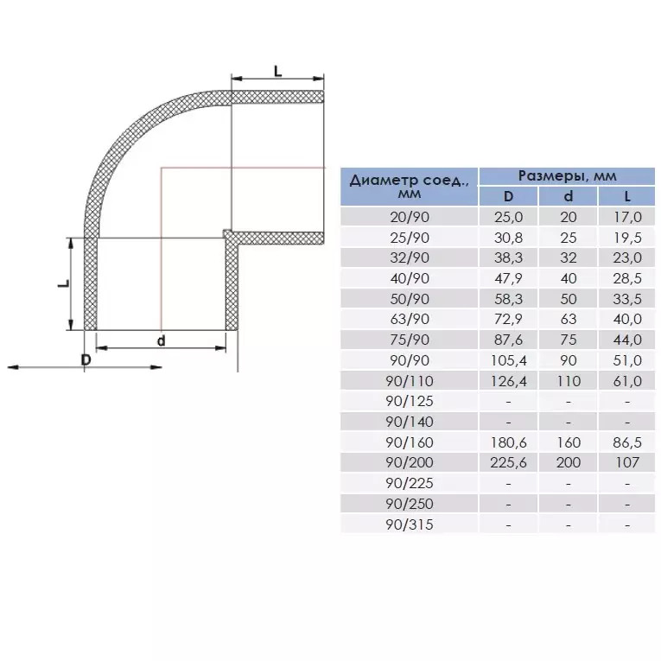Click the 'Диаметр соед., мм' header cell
point(409,187)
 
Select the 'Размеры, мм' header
point(567,175)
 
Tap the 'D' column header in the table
point(508,196)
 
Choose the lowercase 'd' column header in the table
point(569,196)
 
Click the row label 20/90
point(410,217)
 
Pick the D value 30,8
point(508,238)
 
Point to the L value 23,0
point(627,257)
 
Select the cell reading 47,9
point(508,278)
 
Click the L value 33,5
point(627,299)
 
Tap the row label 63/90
point(410,319)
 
